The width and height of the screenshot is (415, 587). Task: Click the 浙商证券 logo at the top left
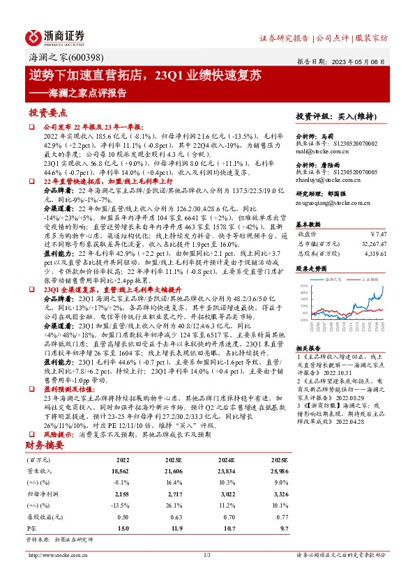tap(55, 36)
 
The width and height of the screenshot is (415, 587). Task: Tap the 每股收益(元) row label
tap(43, 518)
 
